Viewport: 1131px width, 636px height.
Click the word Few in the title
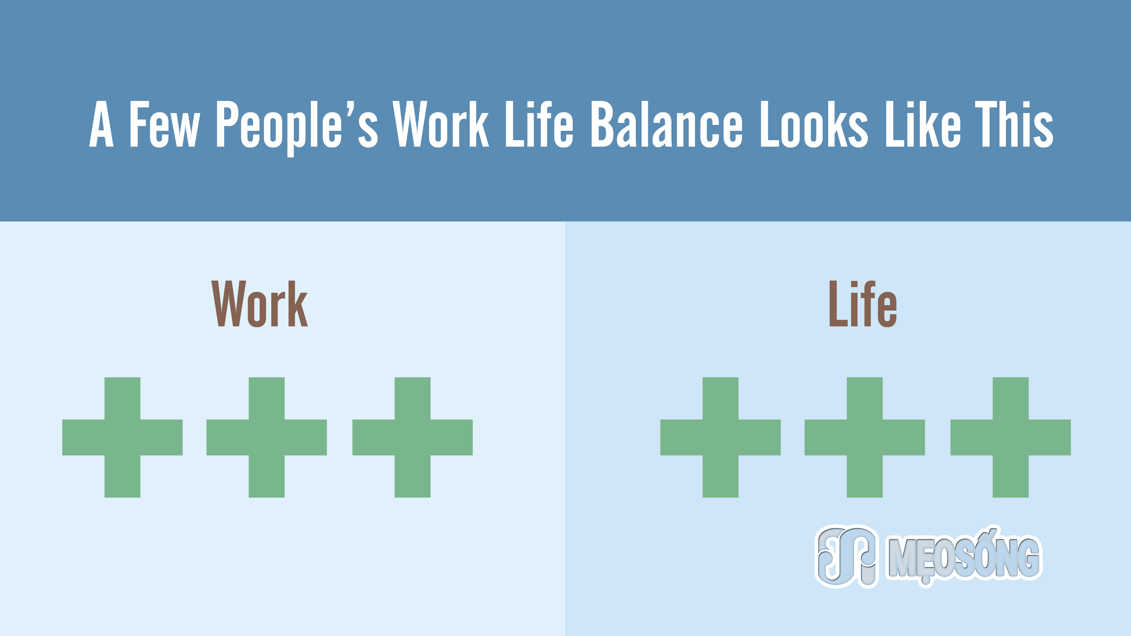pos(165,124)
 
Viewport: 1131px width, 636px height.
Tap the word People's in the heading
pos(297,128)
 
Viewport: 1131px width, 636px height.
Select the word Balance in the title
pos(667,124)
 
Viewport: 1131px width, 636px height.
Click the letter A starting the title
pos(101,124)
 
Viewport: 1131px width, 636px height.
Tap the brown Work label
pos(259,304)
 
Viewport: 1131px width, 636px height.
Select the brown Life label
pos(863,304)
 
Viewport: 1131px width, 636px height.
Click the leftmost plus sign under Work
pos(123,437)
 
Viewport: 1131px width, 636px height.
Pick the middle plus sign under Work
pos(267,437)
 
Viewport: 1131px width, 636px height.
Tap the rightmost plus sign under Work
pos(413,437)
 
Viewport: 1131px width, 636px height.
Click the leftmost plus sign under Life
pos(720,437)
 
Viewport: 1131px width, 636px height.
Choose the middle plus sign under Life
pos(864,437)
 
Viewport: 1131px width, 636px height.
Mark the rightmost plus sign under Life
pos(1011,437)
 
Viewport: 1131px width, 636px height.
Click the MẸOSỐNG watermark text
pos(964,556)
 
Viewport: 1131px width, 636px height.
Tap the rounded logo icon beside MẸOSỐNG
pos(846,556)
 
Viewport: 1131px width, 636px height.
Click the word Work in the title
pos(441,124)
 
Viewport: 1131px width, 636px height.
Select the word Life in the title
pos(539,124)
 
